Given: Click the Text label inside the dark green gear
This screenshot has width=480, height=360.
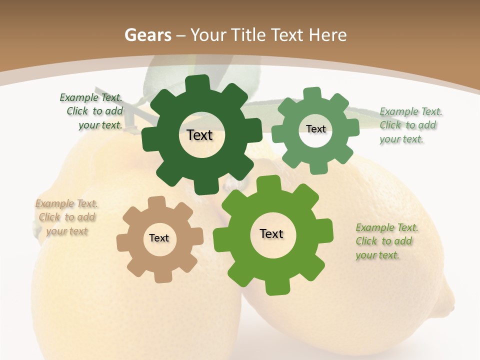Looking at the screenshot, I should (x=199, y=135).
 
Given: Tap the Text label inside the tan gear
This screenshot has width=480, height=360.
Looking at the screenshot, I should (x=159, y=238).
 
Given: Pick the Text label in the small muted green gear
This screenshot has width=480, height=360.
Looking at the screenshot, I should (x=315, y=129).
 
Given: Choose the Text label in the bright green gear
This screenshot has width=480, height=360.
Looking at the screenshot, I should (x=271, y=233).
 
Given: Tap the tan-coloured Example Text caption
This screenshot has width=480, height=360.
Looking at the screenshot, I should (x=67, y=217).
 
